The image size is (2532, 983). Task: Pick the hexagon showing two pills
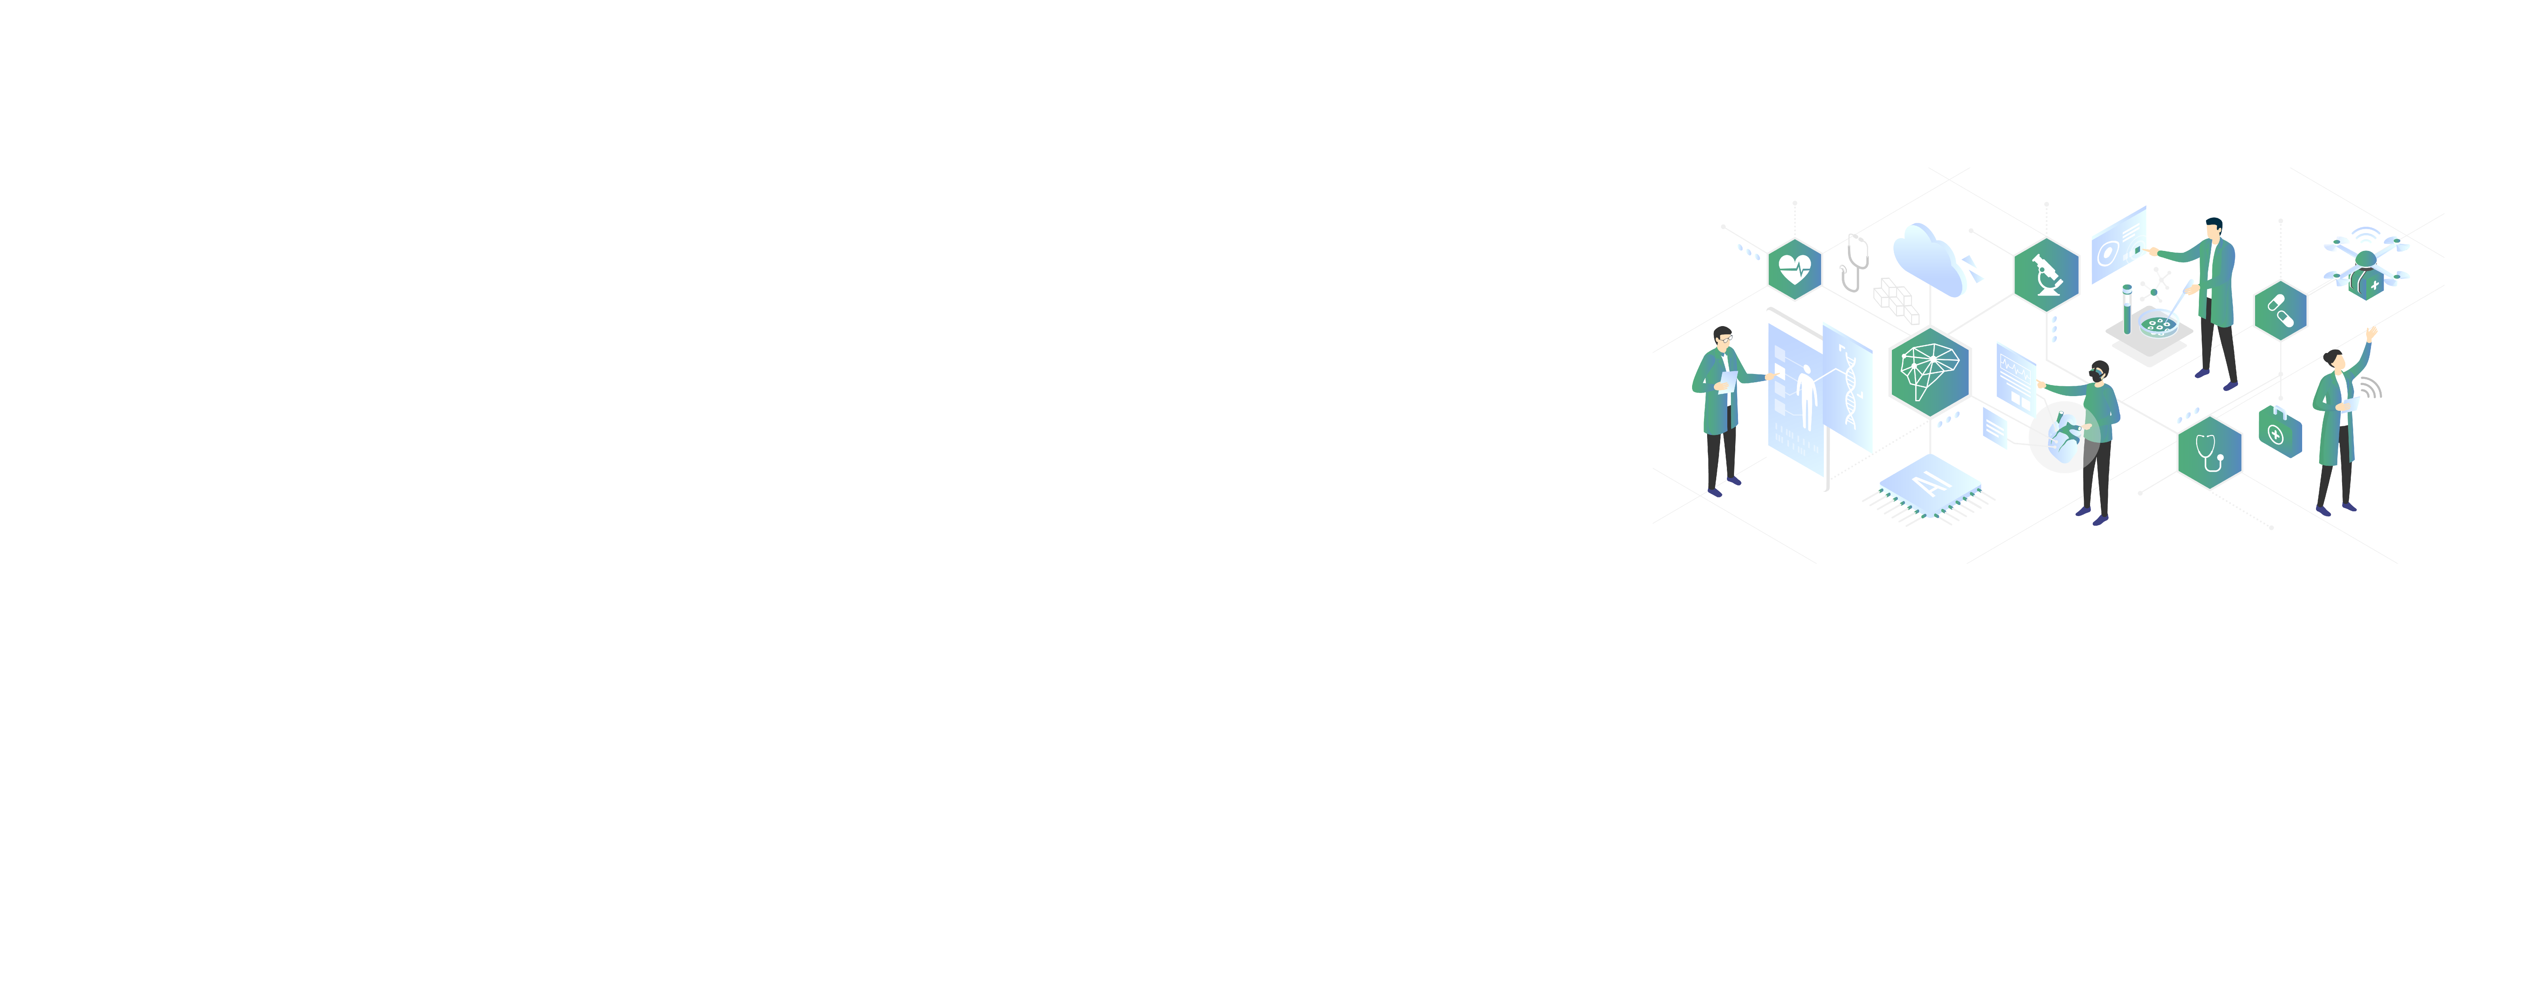(x=2280, y=311)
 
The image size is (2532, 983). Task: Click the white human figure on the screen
(x=1806, y=396)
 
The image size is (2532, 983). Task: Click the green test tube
(x=2127, y=309)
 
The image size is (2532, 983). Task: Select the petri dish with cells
(x=2159, y=325)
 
